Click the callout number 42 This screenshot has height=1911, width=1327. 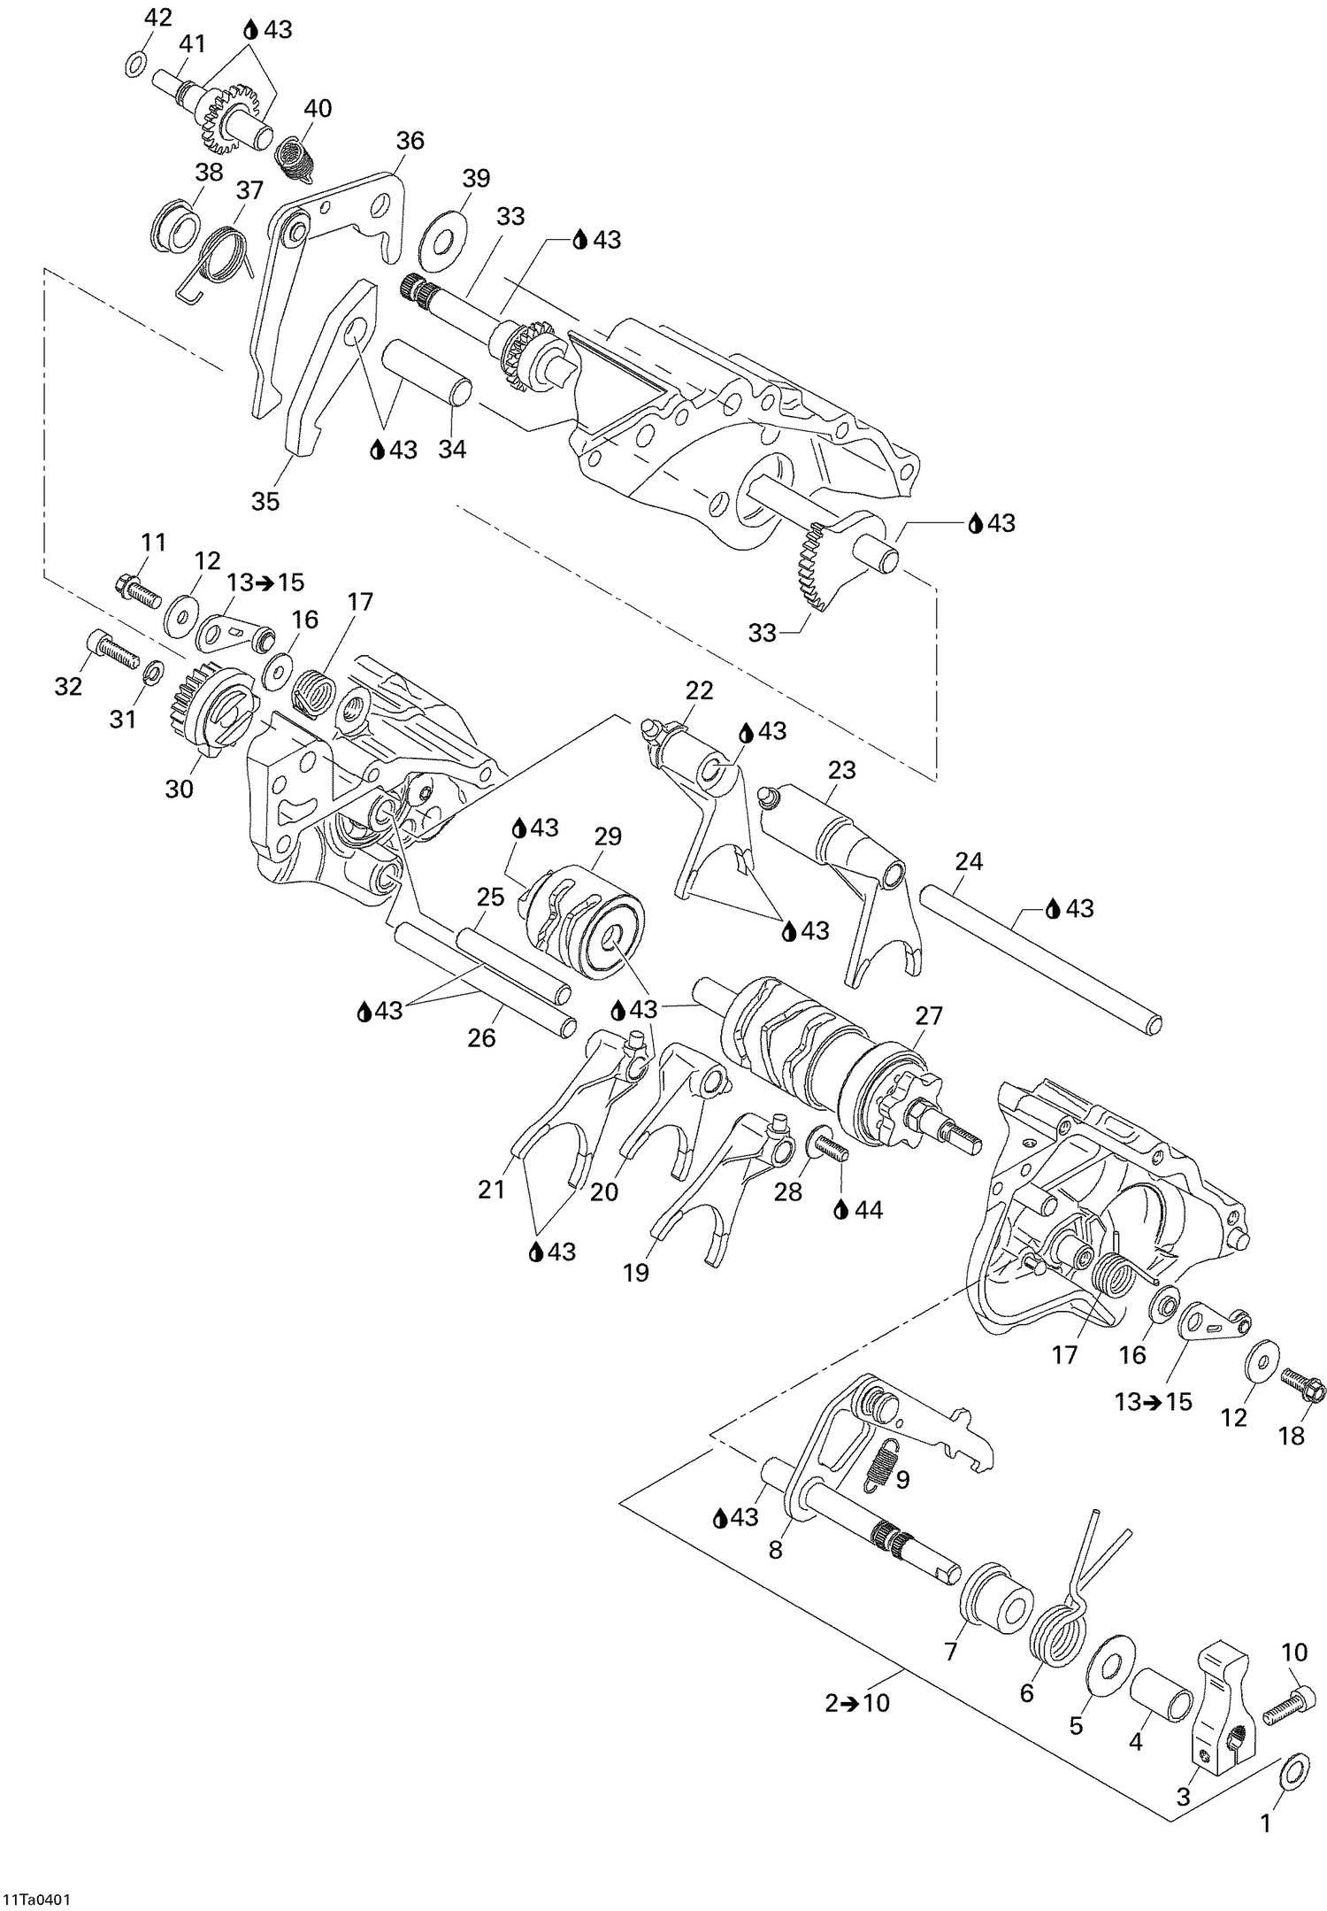click(x=158, y=17)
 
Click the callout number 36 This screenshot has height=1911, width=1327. click(x=410, y=141)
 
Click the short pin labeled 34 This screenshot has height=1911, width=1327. click(x=426, y=375)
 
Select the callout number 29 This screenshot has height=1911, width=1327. click(x=608, y=836)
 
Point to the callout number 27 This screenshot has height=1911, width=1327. click(x=929, y=1015)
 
